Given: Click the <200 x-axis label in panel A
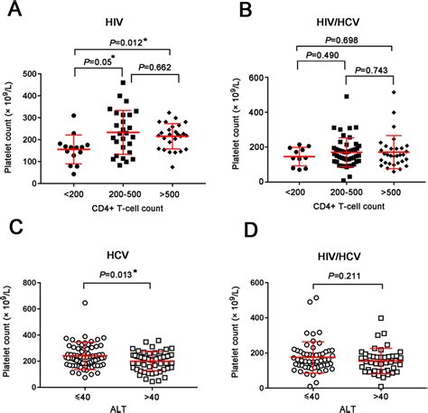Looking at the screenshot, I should click(70, 198).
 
